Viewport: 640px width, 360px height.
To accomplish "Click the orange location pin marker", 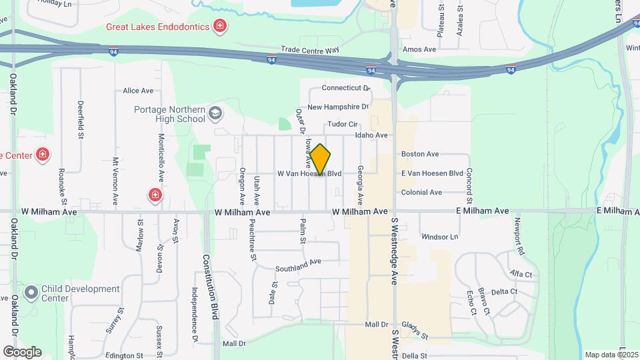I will pos(321,160).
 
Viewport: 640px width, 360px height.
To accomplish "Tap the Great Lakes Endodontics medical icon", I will pos(219,27).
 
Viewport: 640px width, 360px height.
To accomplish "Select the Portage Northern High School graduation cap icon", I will pos(215,114).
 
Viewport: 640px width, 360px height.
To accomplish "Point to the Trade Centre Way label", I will pos(310,49).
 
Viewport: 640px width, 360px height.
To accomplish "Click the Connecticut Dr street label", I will pos(345,88).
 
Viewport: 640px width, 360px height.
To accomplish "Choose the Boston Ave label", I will pos(420,154).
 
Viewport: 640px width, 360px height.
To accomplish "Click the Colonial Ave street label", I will pos(421,193).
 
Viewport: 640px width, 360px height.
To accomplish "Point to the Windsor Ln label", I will pos(440,237).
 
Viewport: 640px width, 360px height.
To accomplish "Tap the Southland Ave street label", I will pos(299,265).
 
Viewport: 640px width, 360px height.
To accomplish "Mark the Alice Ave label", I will pos(138,91).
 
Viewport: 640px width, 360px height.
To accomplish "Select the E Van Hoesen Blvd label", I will pos(432,173).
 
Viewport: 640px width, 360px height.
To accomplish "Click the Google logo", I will pos(22,352).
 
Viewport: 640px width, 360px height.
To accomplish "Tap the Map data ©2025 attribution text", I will pos(610,355).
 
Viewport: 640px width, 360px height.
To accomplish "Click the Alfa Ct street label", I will pos(521,274).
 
